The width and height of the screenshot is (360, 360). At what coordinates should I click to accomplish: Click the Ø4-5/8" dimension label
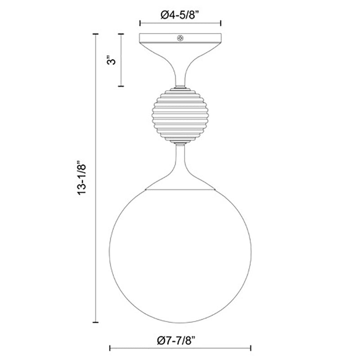(180, 15)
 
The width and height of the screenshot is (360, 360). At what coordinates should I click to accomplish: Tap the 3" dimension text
(112, 60)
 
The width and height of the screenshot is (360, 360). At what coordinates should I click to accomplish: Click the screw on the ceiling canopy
(180, 38)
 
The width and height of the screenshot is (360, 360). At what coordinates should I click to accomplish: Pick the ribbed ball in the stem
(180, 115)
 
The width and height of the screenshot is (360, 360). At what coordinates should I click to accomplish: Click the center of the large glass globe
(180, 252)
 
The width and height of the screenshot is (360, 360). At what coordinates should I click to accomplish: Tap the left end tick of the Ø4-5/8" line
(140, 23)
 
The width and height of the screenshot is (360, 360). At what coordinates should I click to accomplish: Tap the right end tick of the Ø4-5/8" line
(220, 23)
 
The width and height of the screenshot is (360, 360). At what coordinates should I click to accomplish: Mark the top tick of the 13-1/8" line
(95, 34)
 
